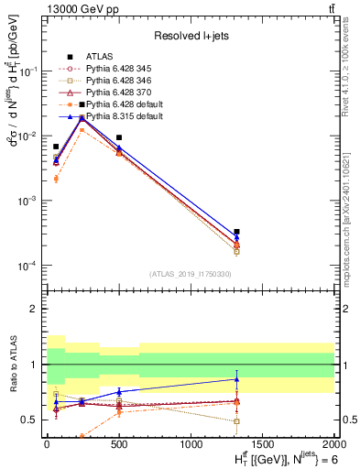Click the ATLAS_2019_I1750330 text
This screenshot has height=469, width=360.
click(190, 274)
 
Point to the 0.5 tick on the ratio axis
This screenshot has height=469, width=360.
click(31, 420)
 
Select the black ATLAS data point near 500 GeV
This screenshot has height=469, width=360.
click(119, 137)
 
